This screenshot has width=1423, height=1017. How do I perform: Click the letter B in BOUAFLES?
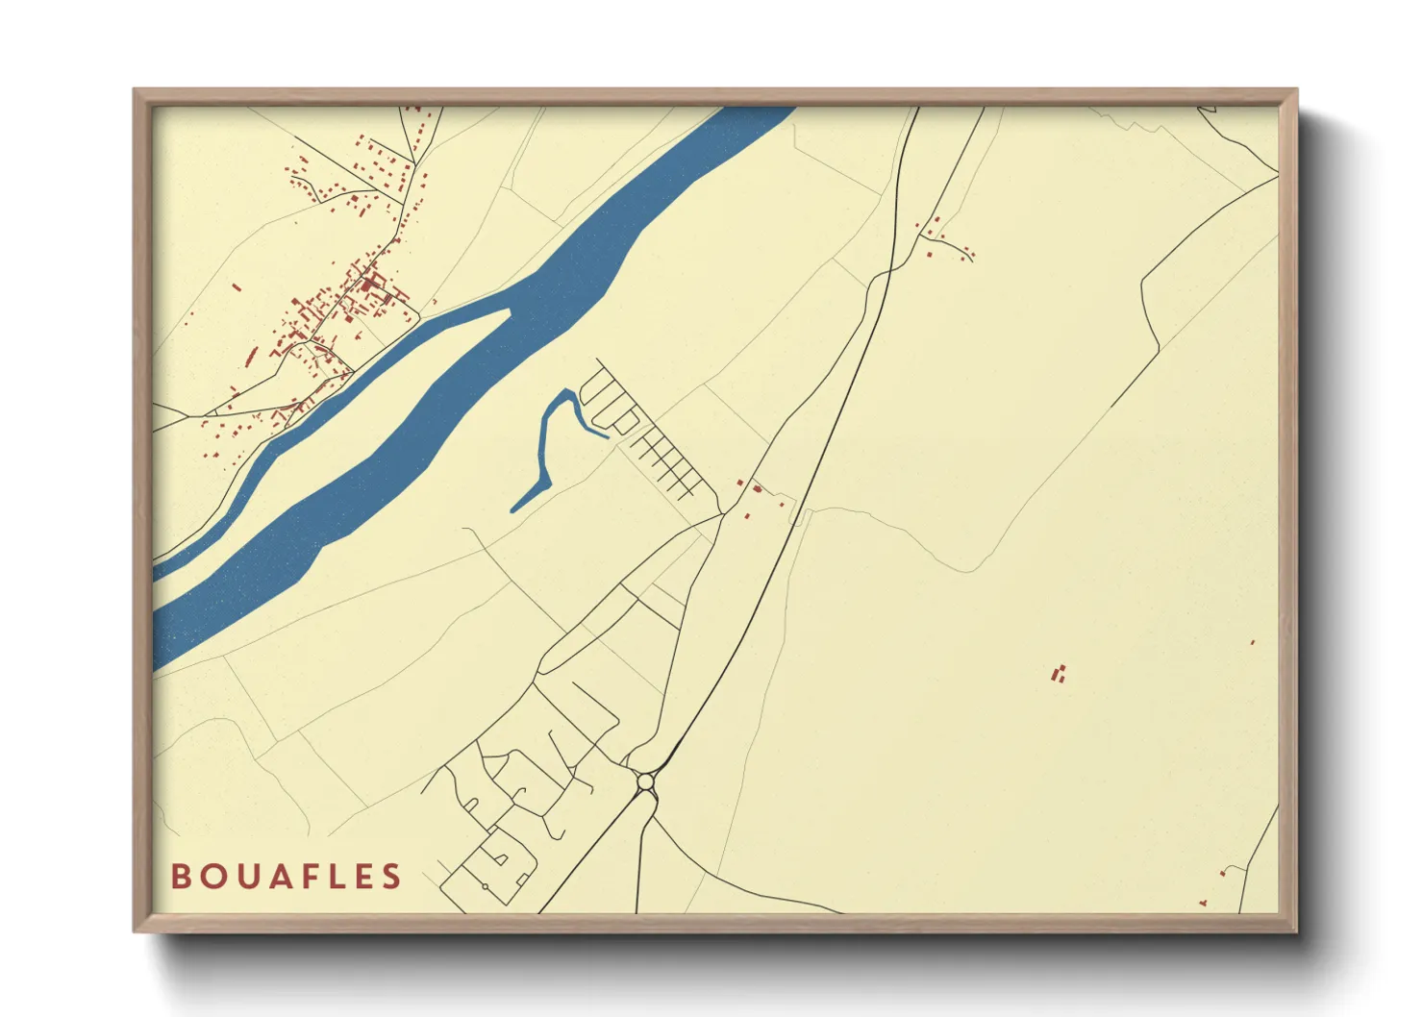180,877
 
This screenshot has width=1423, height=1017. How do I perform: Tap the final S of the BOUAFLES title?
391,877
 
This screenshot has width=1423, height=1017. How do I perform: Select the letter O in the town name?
210,877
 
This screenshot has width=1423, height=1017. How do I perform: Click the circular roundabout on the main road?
645,783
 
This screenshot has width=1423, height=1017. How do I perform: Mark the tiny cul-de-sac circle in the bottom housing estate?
486,885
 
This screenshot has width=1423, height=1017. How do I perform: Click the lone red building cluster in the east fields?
1060,674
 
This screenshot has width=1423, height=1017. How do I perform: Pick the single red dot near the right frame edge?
1253,642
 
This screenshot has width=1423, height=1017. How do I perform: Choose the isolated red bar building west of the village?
237,285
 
